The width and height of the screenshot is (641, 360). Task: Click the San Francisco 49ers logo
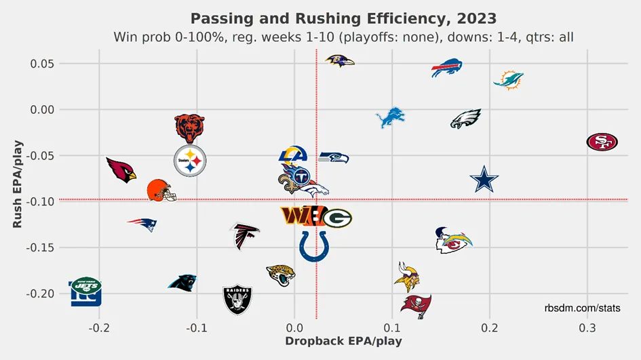[x=602, y=142]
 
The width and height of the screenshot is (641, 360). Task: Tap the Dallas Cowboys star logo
[x=484, y=180]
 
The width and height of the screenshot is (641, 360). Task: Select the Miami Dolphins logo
[x=508, y=79]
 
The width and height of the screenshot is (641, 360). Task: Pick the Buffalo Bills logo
[x=451, y=68]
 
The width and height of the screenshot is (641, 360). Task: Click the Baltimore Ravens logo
[x=339, y=61]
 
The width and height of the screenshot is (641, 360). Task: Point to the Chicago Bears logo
[x=189, y=127]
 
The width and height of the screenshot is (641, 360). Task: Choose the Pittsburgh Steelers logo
[x=190, y=161]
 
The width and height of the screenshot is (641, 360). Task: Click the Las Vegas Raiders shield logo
[x=237, y=299]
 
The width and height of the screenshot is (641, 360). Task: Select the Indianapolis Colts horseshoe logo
[x=313, y=245]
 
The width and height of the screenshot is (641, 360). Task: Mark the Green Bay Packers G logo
[x=337, y=218]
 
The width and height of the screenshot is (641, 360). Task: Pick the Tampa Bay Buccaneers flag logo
[x=415, y=306]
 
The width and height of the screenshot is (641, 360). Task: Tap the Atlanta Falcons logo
[x=244, y=235]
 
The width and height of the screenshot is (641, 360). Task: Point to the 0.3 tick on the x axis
[x=587, y=327]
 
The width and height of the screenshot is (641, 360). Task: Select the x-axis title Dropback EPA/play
[x=343, y=341]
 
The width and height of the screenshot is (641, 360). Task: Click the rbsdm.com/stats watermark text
[x=582, y=308]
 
